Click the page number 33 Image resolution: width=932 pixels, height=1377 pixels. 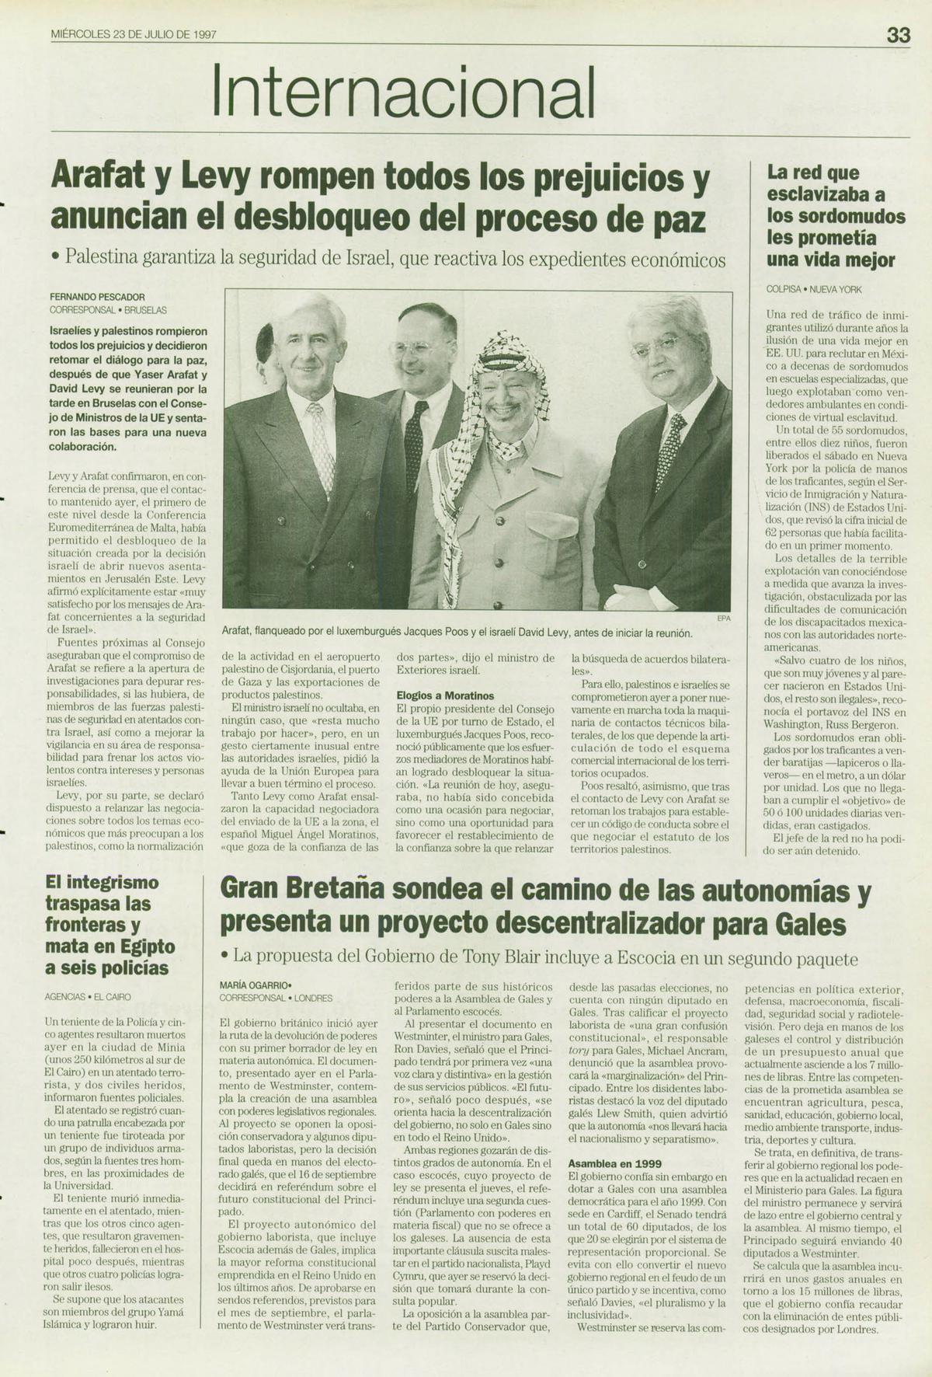(x=898, y=36)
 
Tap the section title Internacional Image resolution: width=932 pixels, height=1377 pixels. (x=404, y=91)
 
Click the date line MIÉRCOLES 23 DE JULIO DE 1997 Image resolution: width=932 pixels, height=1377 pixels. (x=133, y=35)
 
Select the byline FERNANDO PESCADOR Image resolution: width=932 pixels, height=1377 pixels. (x=97, y=296)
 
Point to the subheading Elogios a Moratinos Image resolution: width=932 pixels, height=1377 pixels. (x=444, y=695)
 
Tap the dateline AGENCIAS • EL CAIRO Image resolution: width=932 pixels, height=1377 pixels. (x=88, y=996)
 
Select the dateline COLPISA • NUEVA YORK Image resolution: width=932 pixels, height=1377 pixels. (x=814, y=289)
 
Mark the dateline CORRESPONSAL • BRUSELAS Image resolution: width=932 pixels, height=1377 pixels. (x=108, y=309)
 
